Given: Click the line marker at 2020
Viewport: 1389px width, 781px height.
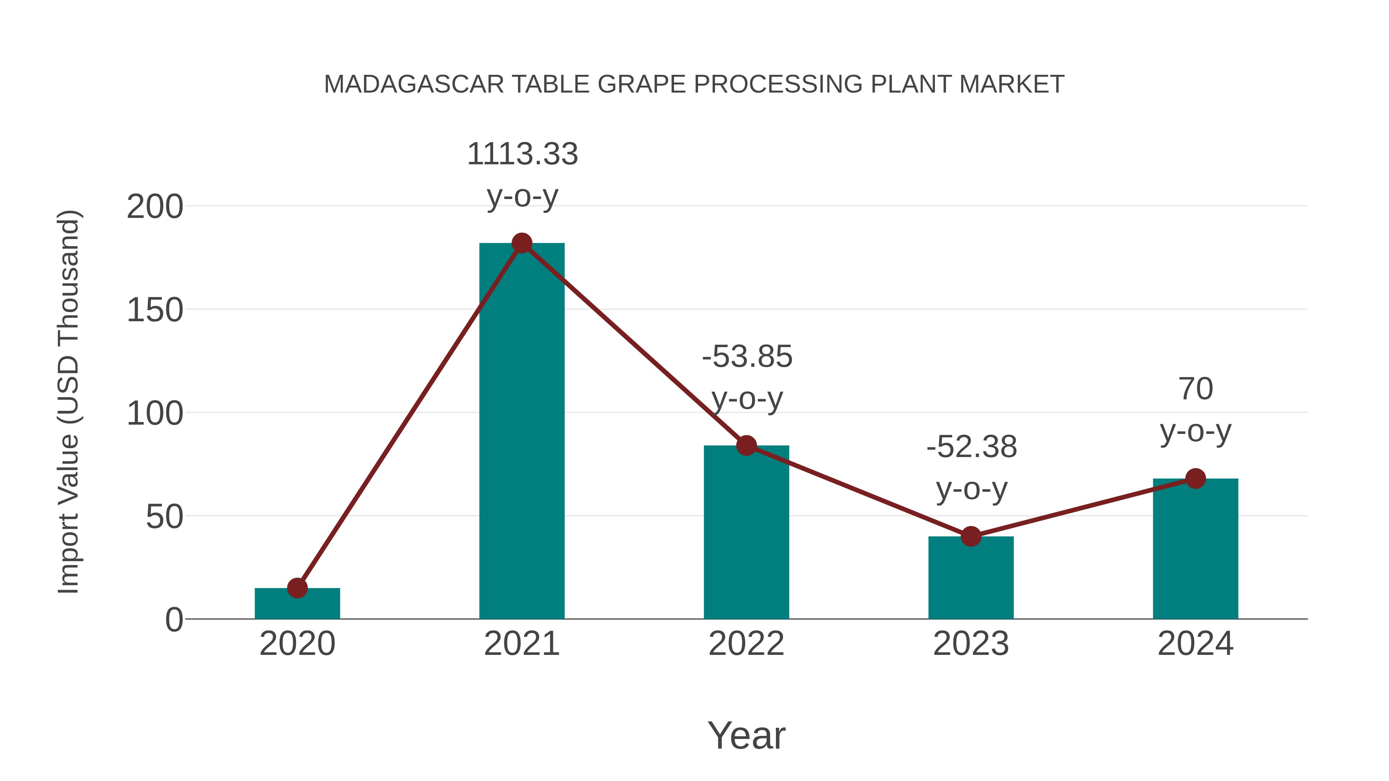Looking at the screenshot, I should point(297,588).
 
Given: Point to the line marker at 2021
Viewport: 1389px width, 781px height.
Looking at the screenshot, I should point(521,243).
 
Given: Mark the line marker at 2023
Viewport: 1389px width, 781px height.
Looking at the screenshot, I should point(971,536).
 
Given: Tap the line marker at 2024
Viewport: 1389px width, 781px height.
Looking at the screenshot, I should point(1195,479).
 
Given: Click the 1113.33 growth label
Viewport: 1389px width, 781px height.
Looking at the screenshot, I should point(522,154).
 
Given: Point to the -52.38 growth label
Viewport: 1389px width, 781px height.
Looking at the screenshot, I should point(972,447).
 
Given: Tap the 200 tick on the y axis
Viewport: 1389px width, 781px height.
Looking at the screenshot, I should point(155,207).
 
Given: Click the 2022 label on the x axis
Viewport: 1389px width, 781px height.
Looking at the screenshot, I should point(746,644).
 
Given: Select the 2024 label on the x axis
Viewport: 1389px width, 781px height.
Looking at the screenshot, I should point(1195,644).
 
